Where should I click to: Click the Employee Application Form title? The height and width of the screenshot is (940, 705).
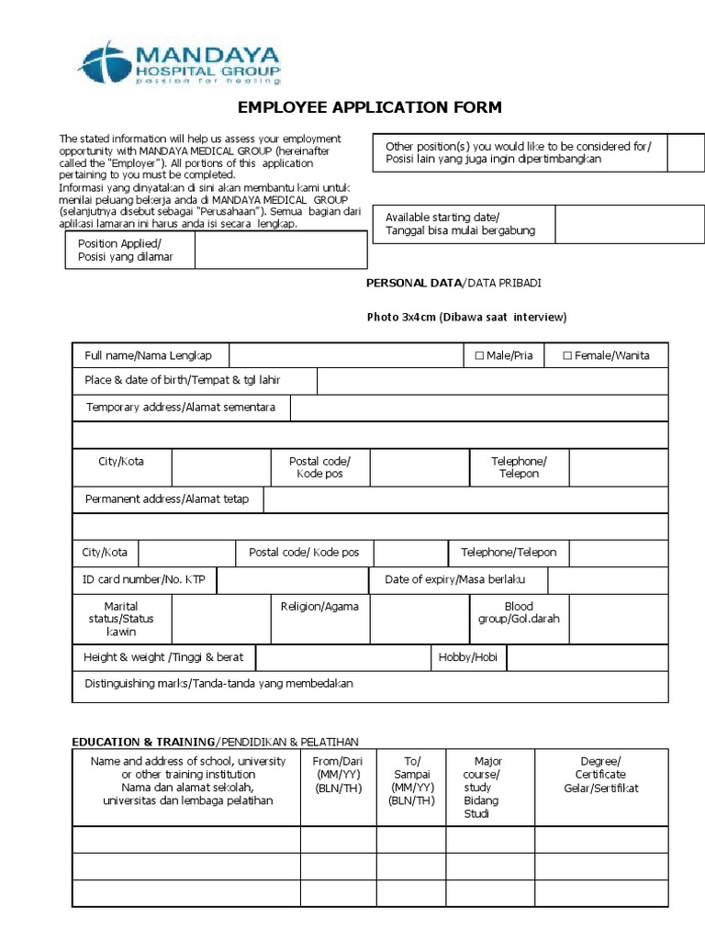tap(370, 107)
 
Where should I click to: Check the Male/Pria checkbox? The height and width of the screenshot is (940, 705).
tap(479, 355)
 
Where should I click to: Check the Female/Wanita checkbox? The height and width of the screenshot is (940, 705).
tap(567, 355)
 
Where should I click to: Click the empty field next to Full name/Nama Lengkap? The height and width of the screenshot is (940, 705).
tap(345, 355)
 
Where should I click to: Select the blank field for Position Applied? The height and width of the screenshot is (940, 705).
tap(281, 250)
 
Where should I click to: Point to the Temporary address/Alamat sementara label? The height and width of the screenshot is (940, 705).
tap(181, 407)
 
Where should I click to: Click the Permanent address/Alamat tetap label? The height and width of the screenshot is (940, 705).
tap(167, 499)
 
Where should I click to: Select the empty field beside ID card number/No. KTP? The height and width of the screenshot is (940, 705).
tap(293, 579)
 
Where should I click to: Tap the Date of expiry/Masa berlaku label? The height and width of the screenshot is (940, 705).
tap(459, 579)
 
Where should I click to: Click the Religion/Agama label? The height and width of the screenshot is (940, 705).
tap(320, 607)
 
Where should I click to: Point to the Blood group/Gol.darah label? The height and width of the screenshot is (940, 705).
tap(519, 612)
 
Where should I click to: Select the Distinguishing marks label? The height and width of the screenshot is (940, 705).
tap(218, 684)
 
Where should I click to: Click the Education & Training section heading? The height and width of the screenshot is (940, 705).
tap(216, 741)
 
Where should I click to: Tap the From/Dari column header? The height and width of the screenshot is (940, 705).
tap(338, 775)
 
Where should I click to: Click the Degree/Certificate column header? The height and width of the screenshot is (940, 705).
tap(601, 775)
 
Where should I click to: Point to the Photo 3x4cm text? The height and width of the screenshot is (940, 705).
tap(466, 318)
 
